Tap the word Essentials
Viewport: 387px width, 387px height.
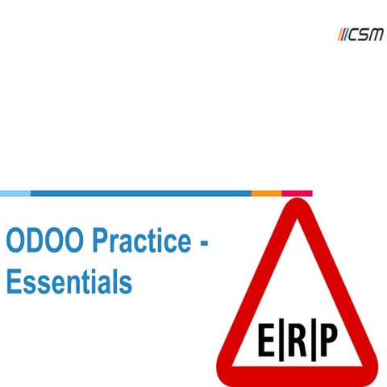69,282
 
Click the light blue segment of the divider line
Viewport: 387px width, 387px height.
15,193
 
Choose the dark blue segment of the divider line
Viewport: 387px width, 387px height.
140,193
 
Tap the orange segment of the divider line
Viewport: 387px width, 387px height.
266,193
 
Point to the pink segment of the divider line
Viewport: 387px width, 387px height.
297,193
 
